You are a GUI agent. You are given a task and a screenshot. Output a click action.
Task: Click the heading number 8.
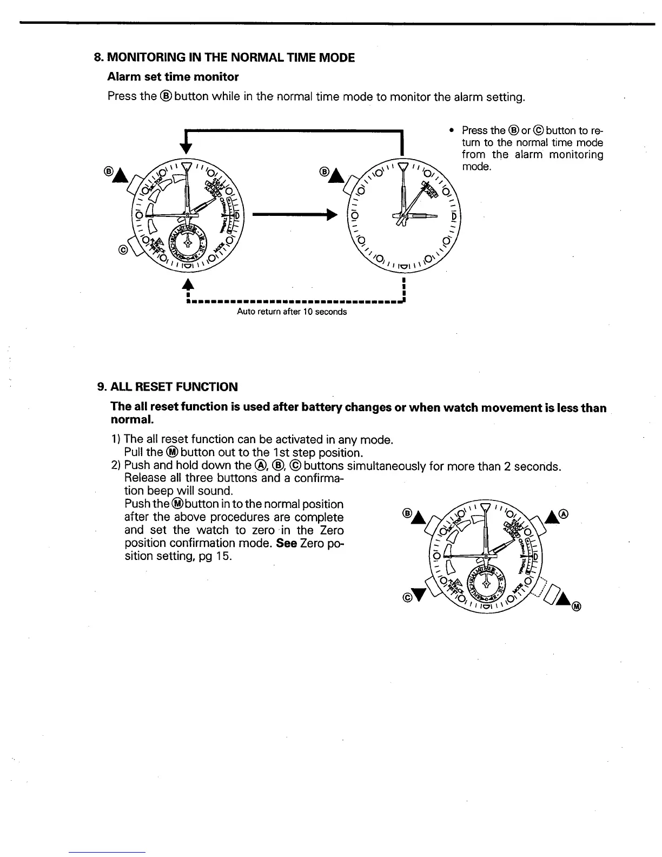pos(97,57)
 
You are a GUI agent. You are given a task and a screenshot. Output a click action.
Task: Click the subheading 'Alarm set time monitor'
pos(173,77)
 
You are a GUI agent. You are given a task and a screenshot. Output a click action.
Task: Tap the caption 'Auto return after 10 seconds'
pos(292,312)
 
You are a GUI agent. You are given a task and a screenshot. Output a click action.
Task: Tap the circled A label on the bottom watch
pos(565,513)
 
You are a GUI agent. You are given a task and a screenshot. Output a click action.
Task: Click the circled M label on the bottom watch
pos(577,607)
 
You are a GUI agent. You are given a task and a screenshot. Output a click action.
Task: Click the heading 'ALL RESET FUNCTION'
pos(174,387)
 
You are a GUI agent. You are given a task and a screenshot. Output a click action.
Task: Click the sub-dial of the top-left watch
pos(186,241)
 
